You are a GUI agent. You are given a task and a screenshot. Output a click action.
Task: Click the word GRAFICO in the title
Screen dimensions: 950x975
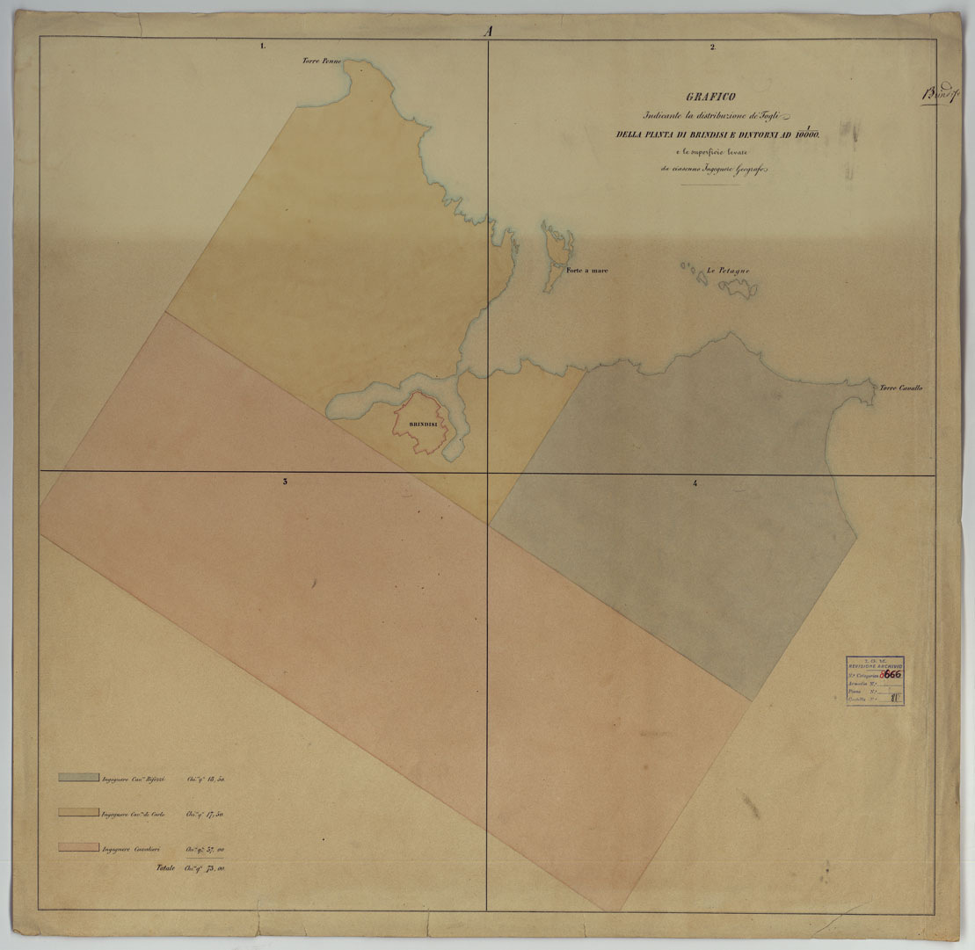[x=711, y=97]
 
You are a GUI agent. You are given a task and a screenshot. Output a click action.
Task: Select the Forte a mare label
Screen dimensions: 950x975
[x=587, y=271]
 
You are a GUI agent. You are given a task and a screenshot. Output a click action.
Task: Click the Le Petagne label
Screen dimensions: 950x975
[x=728, y=272]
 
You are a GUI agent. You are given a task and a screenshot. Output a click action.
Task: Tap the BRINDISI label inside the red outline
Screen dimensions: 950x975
[x=424, y=424]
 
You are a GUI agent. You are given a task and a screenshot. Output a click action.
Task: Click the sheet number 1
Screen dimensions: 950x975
[x=263, y=46]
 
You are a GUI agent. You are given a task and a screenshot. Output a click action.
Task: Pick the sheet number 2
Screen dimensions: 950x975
[x=712, y=46]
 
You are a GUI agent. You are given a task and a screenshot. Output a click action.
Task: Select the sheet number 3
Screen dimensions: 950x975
[x=284, y=482]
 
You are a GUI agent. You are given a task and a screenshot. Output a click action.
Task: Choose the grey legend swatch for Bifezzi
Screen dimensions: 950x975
[x=77, y=777]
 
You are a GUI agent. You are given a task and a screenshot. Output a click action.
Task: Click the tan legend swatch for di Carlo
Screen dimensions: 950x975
[x=77, y=812]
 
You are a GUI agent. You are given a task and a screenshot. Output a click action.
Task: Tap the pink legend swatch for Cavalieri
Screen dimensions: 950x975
[x=77, y=847]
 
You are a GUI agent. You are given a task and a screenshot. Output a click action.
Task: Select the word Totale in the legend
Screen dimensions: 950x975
[x=165, y=868]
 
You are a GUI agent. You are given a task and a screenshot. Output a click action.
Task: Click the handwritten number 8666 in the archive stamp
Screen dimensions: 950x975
[x=891, y=674]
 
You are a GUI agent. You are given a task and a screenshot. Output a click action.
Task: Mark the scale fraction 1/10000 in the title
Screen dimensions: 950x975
[x=806, y=133]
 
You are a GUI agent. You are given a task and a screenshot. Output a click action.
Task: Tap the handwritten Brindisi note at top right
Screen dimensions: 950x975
[x=939, y=95]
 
